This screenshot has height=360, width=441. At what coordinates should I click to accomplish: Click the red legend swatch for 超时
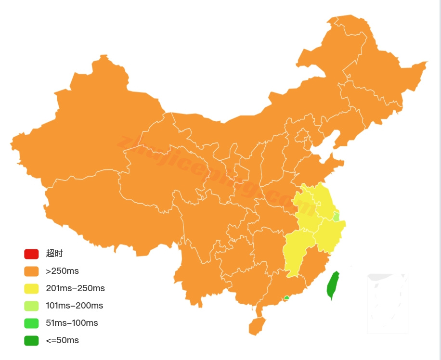coord(31,254)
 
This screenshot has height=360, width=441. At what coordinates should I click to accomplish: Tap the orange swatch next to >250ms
coord(31,271)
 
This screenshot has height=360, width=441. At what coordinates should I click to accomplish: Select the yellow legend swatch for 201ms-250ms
coord(31,288)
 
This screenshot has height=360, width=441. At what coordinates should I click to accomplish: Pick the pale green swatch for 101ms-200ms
coord(31,306)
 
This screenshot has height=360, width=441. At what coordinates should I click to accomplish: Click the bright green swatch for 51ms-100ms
coord(31,323)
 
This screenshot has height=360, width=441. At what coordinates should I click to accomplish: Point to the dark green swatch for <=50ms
coord(31,340)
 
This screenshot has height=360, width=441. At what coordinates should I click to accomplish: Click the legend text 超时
coord(54,254)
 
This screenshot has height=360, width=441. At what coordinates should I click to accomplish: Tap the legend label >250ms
coord(62,271)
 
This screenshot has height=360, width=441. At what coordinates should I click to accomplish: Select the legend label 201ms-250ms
coord(75,288)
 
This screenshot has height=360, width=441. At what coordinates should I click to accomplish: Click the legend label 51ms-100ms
coord(72,323)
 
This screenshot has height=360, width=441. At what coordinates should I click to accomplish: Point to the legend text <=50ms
coord(62,340)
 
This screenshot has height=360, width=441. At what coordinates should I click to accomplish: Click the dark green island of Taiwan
coord(332,285)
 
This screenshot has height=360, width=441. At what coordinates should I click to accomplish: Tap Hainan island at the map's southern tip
coord(257,326)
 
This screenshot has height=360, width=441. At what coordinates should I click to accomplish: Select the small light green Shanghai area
coord(336,217)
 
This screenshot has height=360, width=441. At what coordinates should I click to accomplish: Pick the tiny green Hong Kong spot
coord(286,298)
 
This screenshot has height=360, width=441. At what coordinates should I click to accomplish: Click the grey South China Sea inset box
coord(388,303)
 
